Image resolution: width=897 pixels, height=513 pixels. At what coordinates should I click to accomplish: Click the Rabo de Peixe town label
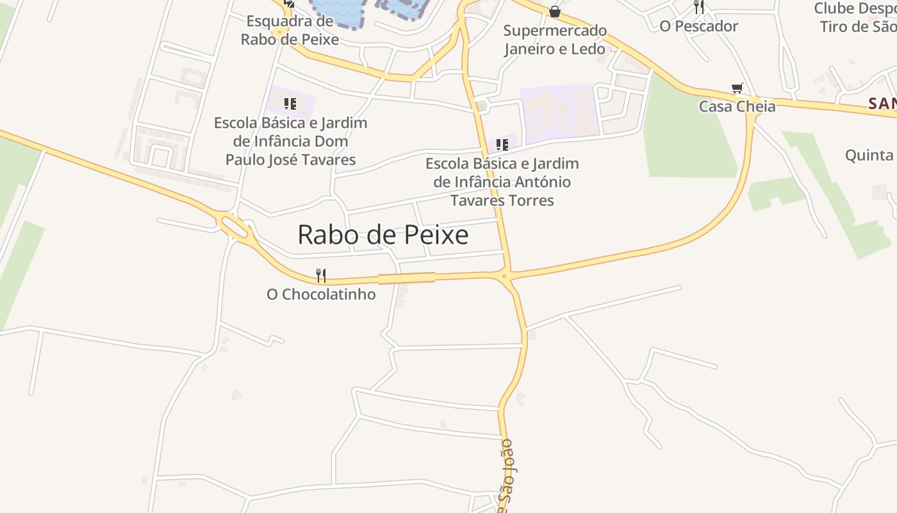tap(383, 235)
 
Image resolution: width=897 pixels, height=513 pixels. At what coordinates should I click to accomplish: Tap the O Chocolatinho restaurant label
tap(321, 294)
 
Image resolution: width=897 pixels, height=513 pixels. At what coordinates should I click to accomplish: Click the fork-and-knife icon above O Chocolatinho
tap(321, 276)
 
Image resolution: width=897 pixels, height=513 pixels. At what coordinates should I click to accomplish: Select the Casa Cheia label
tap(737, 106)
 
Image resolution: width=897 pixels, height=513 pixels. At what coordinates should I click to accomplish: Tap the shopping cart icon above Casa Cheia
tap(737, 88)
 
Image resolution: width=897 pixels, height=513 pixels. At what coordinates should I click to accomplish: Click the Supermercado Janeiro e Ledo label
tap(555, 40)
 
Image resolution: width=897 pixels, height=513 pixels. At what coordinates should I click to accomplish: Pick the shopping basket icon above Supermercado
tap(555, 12)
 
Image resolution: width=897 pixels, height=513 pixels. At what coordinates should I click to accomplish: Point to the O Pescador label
tap(699, 26)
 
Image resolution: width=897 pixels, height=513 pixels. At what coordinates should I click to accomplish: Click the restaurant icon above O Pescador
tap(699, 7)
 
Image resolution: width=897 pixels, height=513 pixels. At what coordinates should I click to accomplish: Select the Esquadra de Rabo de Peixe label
tap(290, 30)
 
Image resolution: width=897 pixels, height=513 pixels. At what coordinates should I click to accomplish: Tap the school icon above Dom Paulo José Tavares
tap(290, 103)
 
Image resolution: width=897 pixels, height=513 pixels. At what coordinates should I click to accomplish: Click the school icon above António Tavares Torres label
tap(502, 145)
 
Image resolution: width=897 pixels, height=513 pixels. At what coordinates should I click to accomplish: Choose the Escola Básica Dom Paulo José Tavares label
tap(291, 141)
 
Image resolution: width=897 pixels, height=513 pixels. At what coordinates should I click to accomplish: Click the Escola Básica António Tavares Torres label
tap(502, 182)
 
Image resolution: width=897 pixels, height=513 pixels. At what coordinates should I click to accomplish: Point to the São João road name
tap(507, 475)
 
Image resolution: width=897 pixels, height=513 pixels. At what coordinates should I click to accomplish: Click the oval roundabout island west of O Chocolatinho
tap(234, 226)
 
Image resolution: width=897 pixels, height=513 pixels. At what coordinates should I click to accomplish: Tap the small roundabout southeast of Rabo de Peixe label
tap(505, 276)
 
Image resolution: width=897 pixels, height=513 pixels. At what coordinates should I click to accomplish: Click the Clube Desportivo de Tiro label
tap(855, 18)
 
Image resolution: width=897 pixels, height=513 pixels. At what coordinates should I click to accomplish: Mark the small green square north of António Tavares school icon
tap(481, 106)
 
